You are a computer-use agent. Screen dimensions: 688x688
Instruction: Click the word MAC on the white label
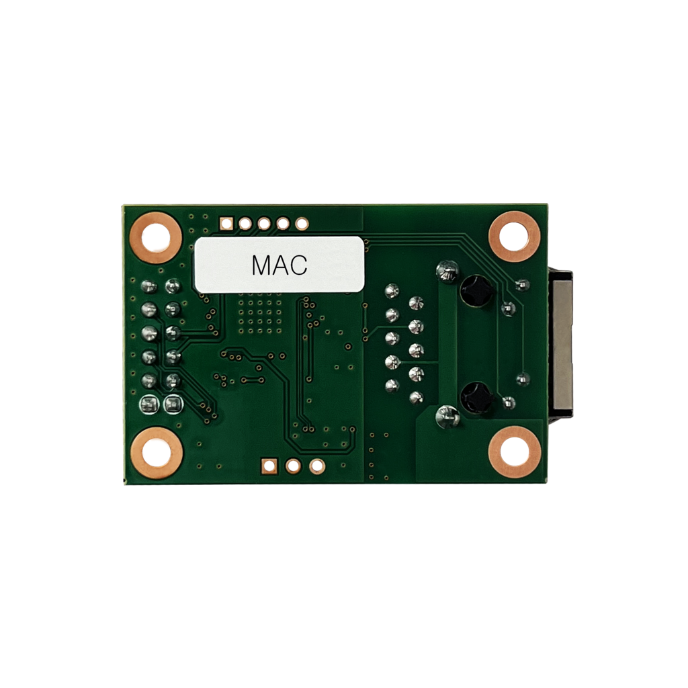(279, 265)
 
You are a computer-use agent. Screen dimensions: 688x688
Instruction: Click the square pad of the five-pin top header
(226, 224)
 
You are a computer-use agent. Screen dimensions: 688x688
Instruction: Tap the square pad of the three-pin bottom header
(269, 466)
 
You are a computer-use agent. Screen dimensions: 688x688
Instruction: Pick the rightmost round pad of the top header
(302, 224)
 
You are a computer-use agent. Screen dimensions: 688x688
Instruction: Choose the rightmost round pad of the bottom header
(317, 466)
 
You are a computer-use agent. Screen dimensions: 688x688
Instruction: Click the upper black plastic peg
(476, 290)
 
